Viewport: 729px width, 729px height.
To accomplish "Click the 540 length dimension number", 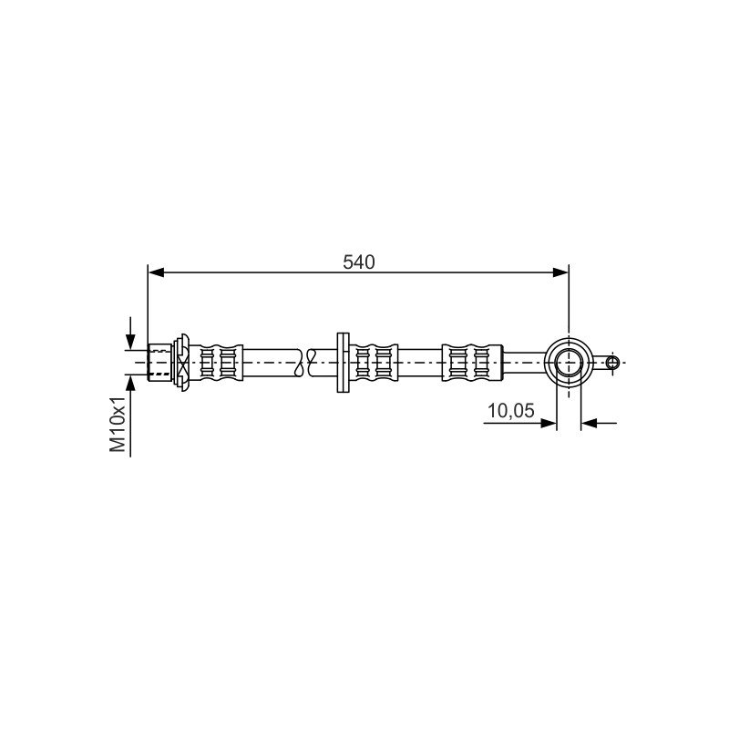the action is [358, 262].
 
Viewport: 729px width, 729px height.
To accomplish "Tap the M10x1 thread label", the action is [118, 424].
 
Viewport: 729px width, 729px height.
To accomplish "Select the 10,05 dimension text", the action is [510, 411].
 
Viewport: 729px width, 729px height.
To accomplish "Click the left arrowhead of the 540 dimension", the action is [156, 272].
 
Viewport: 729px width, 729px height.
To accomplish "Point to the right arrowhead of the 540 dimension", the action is [560, 272].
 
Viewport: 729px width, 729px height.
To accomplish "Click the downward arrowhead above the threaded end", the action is [130, 342].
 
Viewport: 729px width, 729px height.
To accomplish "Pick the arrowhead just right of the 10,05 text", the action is [549, 423].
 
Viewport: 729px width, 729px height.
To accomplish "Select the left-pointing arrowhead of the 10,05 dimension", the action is [589, 423].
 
